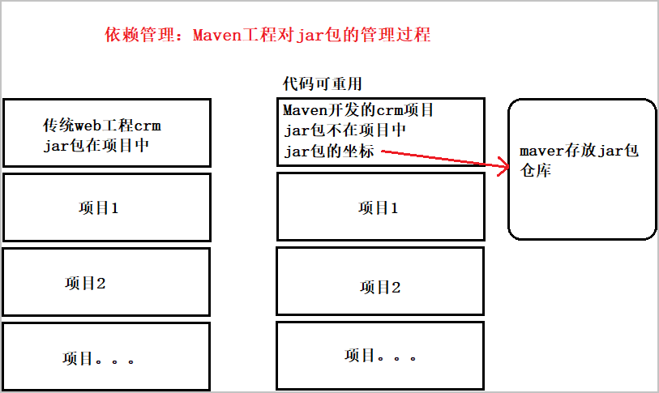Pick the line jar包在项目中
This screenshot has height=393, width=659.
click(96, 146)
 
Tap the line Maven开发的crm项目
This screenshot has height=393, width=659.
click(358, 109)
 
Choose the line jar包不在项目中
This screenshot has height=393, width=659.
click(344, 130)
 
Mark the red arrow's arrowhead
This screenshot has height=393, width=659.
click(503, 167)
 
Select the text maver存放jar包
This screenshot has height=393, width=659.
click(580, 152)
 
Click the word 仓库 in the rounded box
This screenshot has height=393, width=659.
click(536, 172)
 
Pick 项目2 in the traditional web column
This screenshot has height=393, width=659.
click(85, 284)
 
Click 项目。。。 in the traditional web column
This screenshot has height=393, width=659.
click(98, 357)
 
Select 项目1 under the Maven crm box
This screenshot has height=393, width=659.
click(379, 207)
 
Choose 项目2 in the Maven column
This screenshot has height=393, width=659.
click(380, 287)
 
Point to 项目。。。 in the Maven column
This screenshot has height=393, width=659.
click(380, 355)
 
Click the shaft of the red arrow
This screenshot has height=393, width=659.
click(438, 158)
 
